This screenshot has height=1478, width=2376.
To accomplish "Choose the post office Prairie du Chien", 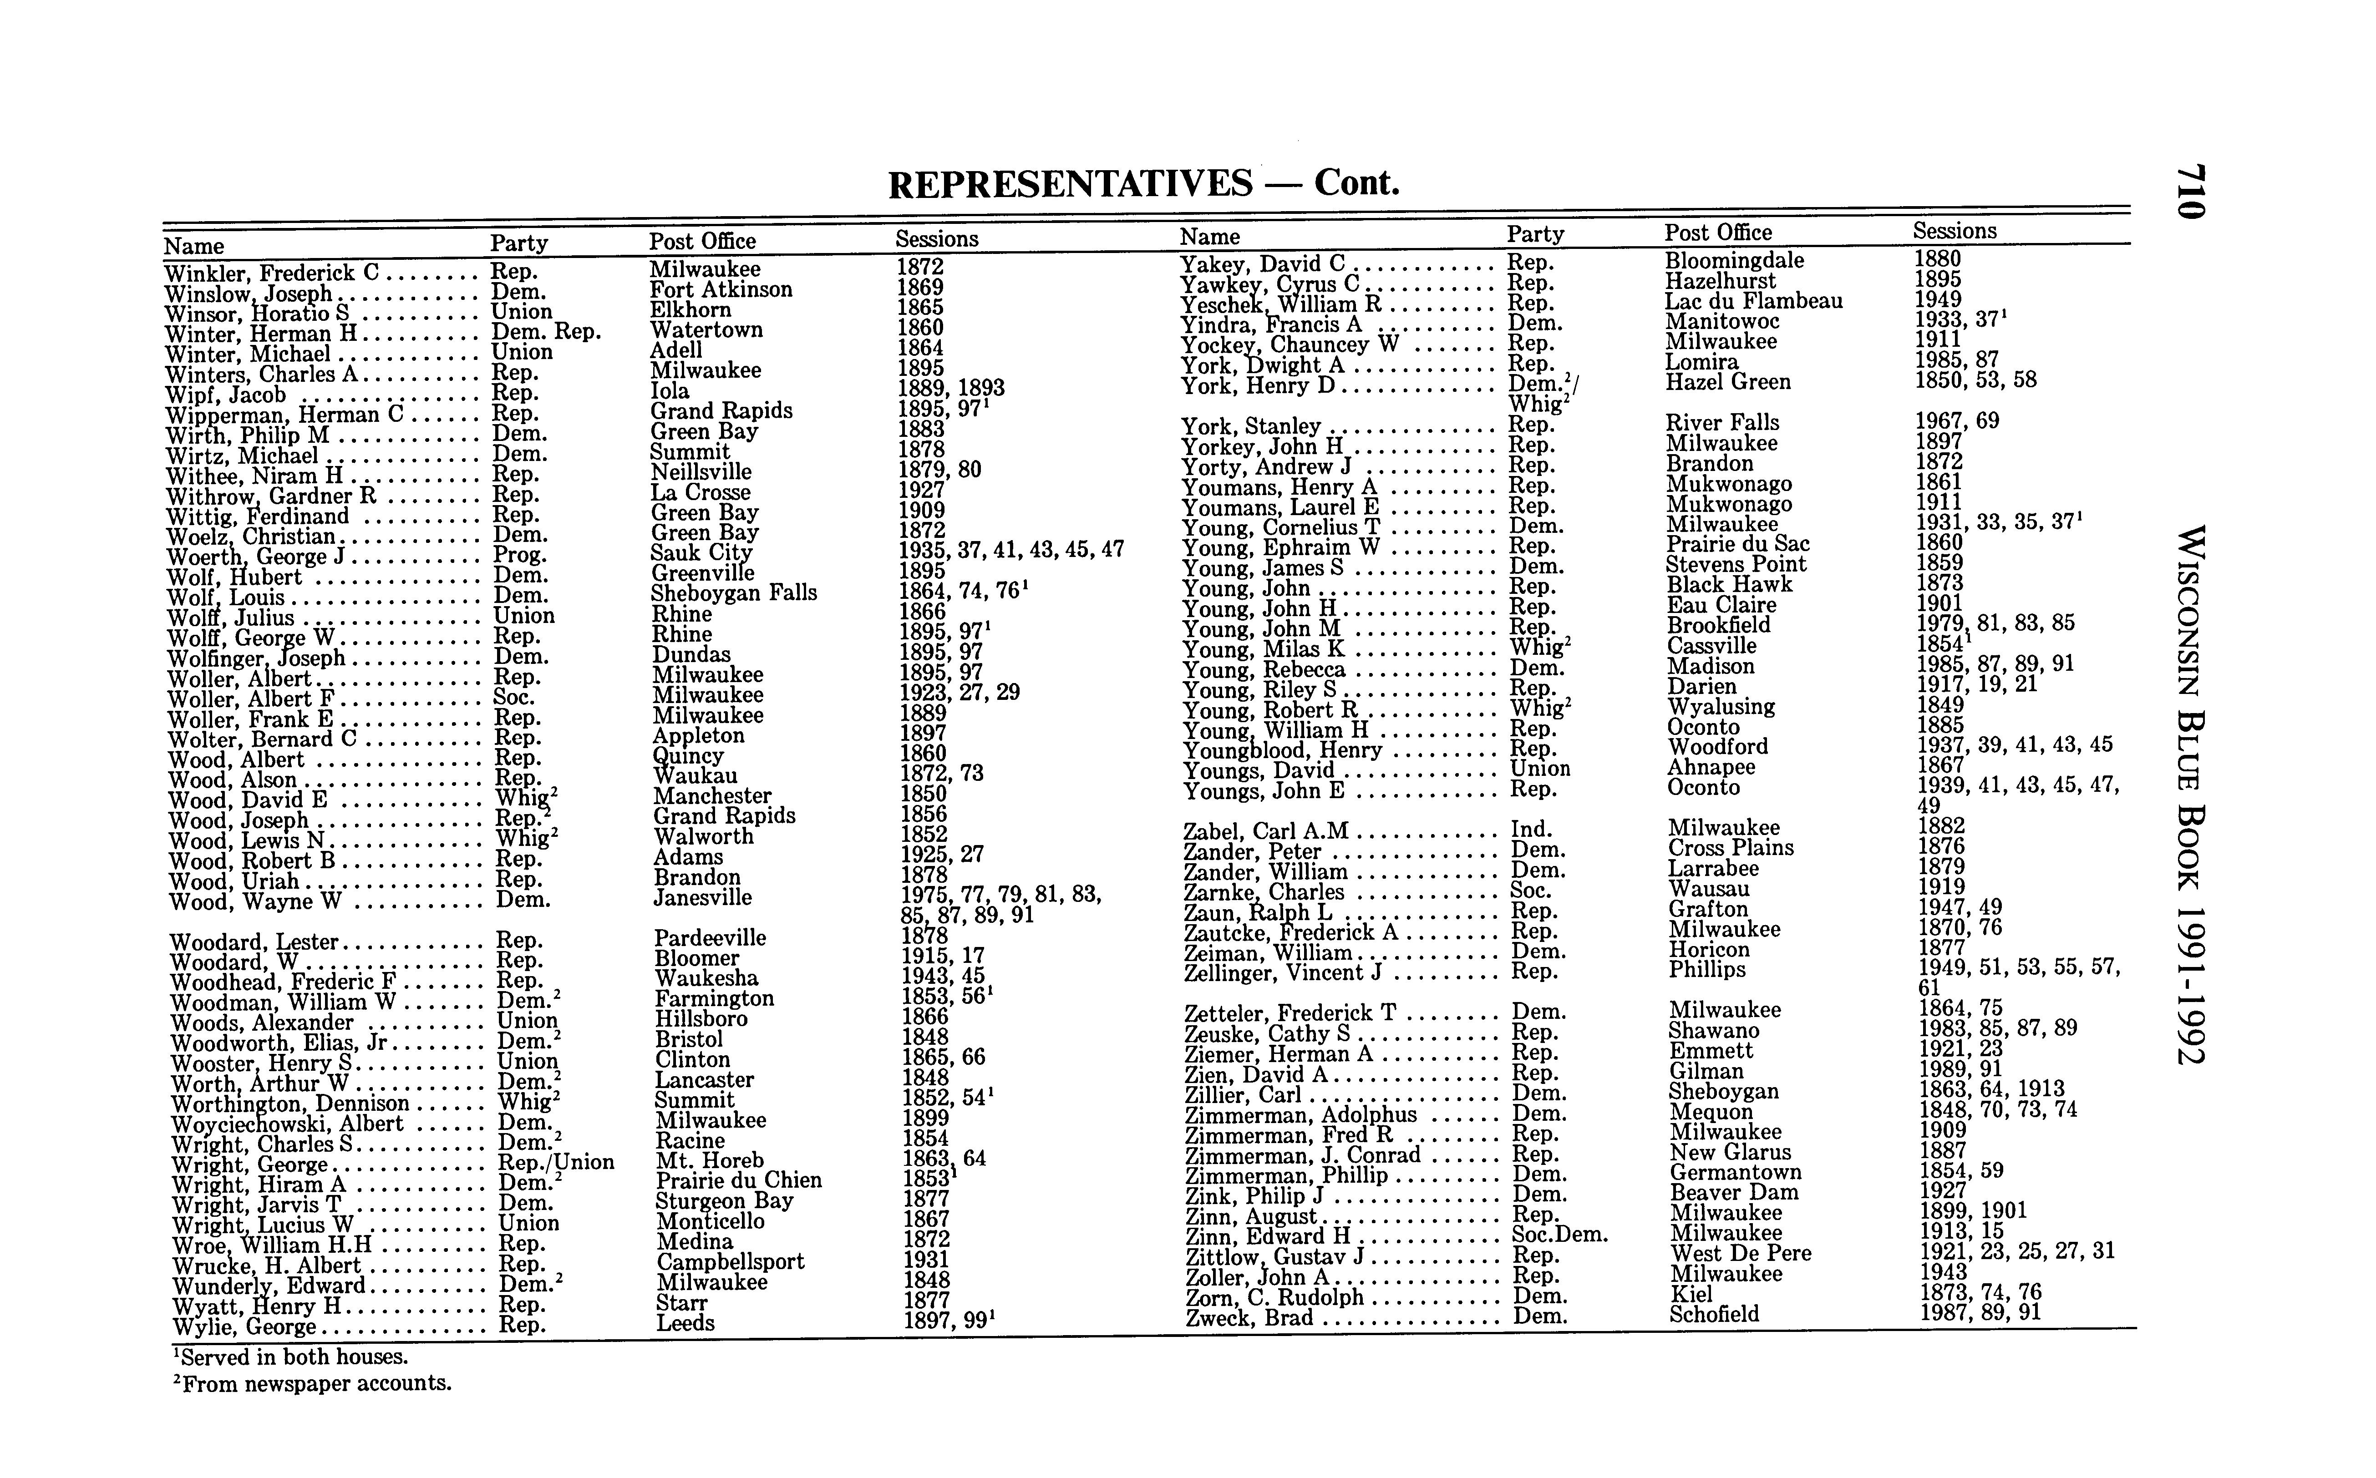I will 738,1181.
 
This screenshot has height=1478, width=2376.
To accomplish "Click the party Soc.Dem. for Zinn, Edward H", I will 1559,1235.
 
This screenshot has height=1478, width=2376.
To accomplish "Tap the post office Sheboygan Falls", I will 733,593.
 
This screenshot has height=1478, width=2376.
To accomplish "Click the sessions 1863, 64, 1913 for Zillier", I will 1992,1089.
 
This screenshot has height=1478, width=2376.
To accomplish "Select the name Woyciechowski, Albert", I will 286,1124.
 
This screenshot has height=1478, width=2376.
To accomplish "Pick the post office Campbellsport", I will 730,1262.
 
